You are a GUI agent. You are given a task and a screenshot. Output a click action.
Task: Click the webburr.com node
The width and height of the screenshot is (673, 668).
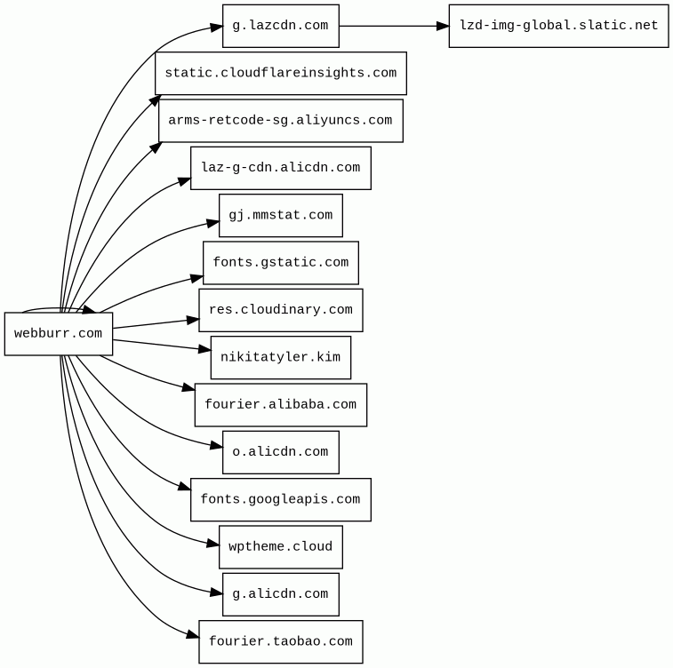[58, 334]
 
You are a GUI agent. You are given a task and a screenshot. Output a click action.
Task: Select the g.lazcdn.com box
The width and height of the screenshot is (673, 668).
[280, 26]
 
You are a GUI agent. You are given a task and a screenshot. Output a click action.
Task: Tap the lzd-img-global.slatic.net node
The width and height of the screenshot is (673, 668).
[558, 26]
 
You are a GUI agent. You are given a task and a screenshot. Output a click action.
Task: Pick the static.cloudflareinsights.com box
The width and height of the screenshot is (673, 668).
[280, 73]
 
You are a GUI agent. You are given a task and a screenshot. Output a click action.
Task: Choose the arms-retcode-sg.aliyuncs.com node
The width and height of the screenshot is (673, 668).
[280, 121]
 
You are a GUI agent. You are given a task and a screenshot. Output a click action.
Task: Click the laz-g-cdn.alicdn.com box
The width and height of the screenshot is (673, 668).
[280, 168]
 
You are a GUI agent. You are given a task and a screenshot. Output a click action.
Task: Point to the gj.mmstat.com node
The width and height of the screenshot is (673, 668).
[280, 215]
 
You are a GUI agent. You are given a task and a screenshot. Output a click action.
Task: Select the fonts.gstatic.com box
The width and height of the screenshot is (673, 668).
[280, 263]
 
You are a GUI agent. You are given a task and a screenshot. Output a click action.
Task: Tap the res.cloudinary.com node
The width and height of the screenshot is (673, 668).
[280, 310]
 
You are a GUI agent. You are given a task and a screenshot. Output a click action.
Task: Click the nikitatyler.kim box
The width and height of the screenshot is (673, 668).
[280, 357]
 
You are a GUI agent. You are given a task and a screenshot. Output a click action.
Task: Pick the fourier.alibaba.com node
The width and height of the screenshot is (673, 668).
[280, 405]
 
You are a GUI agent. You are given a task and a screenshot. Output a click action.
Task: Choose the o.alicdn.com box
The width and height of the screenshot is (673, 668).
[280, 452]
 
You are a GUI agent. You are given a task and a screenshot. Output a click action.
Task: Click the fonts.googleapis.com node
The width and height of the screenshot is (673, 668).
[280, 499]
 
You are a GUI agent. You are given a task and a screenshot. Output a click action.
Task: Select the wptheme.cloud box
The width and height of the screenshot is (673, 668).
[280, 547]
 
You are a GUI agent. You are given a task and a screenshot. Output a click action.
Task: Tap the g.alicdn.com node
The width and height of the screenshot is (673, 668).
[280, 594]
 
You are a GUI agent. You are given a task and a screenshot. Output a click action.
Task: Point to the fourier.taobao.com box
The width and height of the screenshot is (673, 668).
[280, 641]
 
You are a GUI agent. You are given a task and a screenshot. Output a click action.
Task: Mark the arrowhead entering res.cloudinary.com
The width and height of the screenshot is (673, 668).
[192, 320]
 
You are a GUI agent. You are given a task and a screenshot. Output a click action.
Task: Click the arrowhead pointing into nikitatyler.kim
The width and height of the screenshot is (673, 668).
[204, 349]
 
